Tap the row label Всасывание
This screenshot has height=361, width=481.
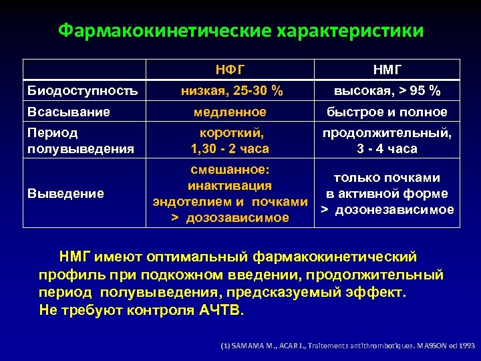[x=69, y=112]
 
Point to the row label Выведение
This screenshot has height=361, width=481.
[x=65, y=193]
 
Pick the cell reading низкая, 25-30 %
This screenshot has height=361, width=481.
[x=230, y=90]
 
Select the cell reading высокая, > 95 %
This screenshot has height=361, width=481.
[x=387, y=90]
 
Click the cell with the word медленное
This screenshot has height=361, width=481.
[x=230, y=112]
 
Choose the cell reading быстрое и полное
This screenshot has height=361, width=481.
[x=387, y=112]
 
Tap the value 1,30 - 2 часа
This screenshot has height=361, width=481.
[x=230, y=148]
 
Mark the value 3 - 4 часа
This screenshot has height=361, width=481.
[x=387, y=148]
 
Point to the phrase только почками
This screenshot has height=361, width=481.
[x=387, y=177]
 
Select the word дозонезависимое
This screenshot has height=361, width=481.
[x=393, y=210]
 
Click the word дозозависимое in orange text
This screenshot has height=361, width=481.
[x=237, y=217]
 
